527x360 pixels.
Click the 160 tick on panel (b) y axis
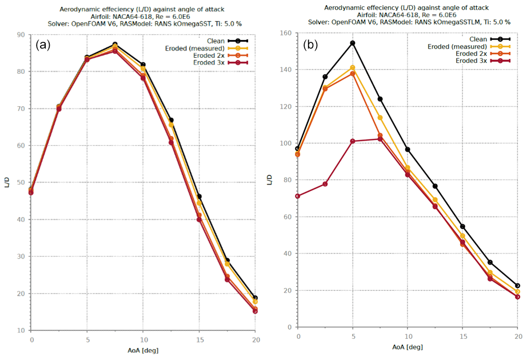[290, 33]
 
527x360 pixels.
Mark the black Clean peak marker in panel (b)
[353, 43]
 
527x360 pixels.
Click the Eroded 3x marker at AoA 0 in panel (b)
[298, 196]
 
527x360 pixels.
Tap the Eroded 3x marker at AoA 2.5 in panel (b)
[325, 184]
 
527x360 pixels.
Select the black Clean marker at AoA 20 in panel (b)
[517, 286]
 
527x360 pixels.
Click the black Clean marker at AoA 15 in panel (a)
[199, 197]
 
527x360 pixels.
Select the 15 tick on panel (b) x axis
[462, 335]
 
